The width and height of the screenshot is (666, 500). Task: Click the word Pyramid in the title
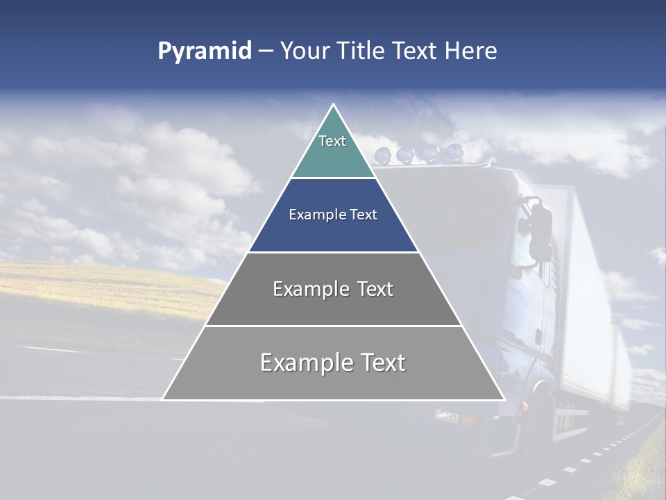[x=204, y=51]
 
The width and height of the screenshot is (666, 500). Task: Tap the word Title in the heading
[x=361, y=51]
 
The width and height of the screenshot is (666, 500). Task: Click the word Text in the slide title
[x=415, y=51]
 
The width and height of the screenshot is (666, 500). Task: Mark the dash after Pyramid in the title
[x=265, y=51]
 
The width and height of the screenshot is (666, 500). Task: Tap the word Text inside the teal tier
[x=332, y=141]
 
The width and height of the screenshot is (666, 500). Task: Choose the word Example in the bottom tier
[x=306, y=363]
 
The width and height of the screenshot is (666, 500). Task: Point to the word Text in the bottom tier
[x=382, y=362]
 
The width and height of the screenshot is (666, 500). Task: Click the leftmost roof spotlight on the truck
[x=382, y=155]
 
